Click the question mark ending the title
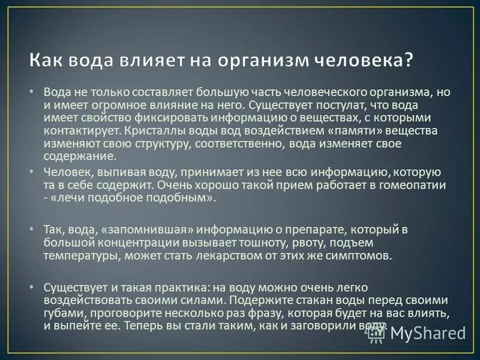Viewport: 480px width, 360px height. tap(409, 61)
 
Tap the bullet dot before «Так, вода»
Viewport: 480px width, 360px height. tap(32, 229)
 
